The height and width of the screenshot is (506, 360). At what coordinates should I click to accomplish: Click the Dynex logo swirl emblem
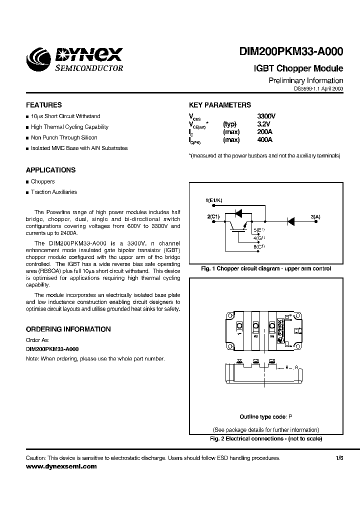tap(38, 58)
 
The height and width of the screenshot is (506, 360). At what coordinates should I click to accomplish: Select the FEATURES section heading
tap(44, 105)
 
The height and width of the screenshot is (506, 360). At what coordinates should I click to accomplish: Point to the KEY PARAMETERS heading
tap(220, 105)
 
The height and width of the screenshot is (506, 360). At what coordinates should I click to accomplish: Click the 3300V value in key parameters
tap(266, 116)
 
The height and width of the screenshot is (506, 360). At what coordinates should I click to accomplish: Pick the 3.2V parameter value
tap(263, 124)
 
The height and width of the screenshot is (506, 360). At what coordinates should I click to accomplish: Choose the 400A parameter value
tap(264, 140)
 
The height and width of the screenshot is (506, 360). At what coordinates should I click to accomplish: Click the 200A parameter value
tap(264, 132)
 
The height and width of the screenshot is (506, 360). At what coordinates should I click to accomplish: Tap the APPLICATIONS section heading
tap(50, 170)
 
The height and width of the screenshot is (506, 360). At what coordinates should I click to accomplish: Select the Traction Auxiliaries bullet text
tap(54, 192)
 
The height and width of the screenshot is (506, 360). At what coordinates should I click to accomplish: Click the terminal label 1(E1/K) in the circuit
tap(215, 200)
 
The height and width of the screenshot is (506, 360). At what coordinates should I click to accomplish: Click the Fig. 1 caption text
tap(266, 268)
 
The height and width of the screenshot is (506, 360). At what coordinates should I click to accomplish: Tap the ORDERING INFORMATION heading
tap(68, 329)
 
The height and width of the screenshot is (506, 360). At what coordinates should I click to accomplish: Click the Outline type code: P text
tap(265, 416)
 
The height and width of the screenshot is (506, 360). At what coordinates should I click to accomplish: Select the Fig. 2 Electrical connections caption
tap(265, 438)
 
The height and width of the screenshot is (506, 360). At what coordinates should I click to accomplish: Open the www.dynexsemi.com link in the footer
tap(61, 466)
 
